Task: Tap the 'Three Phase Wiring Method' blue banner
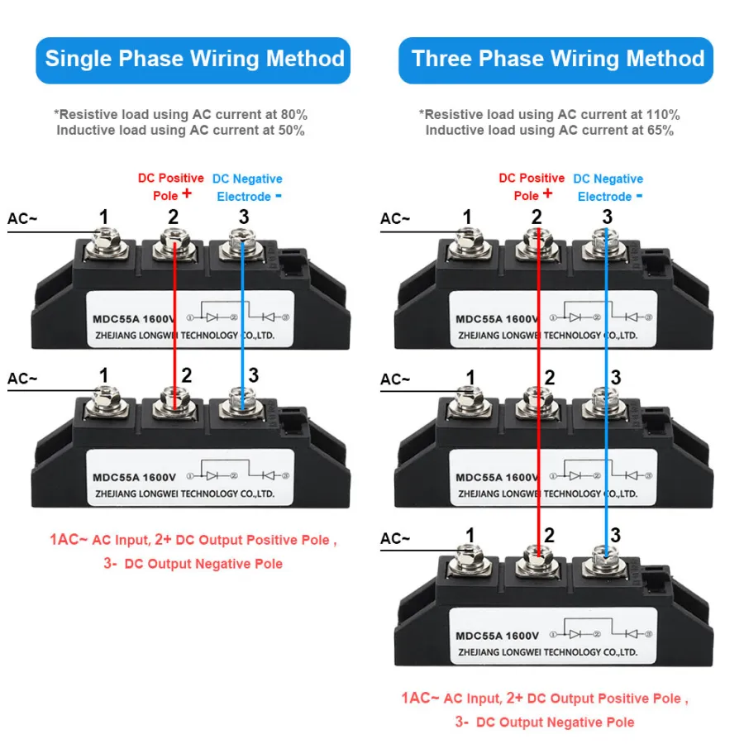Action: [557, 60]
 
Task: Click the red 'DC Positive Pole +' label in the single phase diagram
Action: [170, 187]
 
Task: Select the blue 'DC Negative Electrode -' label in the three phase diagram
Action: [608, 188]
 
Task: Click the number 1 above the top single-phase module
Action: [103, 217]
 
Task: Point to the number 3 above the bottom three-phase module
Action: [614, 536]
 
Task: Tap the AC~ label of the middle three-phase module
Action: [395, 379]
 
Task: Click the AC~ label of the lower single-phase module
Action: [23, 379]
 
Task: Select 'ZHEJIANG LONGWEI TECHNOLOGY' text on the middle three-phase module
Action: [546, 494]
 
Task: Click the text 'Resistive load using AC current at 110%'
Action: [551, 114]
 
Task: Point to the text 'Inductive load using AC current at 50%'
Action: [180, 130]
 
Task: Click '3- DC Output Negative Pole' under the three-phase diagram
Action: [545, 722]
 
